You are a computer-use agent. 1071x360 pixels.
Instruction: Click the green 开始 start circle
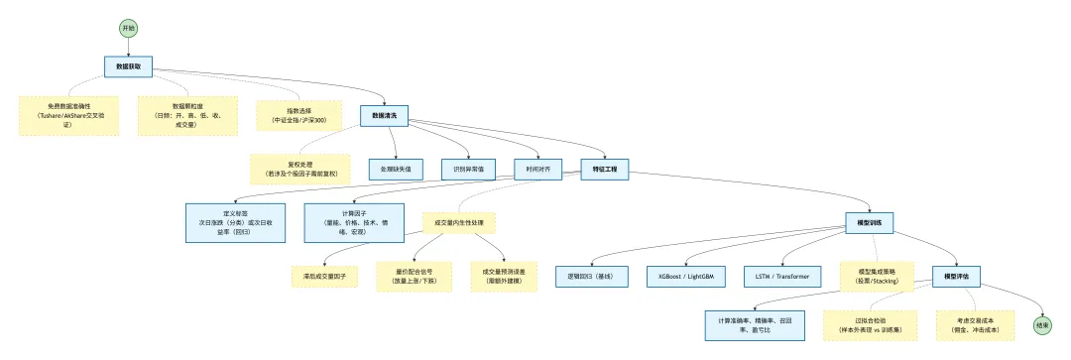tap(128, 28)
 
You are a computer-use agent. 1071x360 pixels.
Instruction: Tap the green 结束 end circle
tap(1042, 324)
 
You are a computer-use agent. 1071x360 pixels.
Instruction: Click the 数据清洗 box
tap(384, 116)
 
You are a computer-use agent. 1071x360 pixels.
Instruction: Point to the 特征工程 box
tap(604, 170)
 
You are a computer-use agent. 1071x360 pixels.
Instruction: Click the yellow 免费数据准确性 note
tap(68, 116)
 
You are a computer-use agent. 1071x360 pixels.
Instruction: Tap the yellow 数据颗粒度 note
tap(186, 115)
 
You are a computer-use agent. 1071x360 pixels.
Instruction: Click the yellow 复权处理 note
tap(299, 169)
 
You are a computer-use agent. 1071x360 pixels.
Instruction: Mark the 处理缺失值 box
tap(396, 170)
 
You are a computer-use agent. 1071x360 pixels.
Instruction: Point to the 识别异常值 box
tap(469, 170)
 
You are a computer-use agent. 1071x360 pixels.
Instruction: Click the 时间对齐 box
tap(537, 170)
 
